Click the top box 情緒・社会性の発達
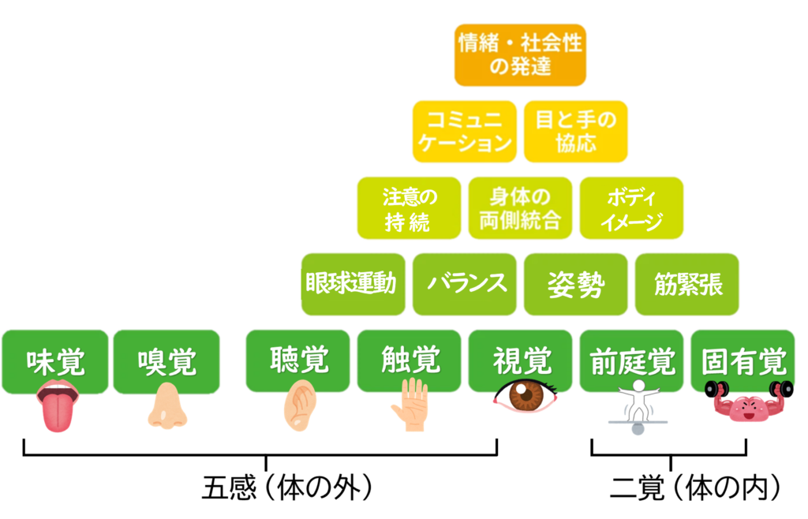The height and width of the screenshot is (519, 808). point(520,54)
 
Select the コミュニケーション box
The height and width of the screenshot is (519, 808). point(464,131)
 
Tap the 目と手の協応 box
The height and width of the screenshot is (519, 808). point(576,131)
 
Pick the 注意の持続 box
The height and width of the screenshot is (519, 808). point(409,208)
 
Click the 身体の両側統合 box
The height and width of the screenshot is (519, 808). point(520,208)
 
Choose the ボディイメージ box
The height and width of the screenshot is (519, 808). point(631,208)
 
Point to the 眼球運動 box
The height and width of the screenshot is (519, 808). point(353,284)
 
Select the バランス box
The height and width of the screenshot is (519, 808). point(464,284)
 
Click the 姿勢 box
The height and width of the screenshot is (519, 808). point(576,284)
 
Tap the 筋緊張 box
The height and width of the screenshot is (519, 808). point(686,284)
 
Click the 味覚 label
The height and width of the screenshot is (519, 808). point(55,361)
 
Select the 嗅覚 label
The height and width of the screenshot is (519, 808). point(166,361)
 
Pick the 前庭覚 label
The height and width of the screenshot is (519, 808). point(631,361)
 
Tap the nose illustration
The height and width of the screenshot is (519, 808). point(167,406)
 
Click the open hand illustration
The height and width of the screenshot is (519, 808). point(410,405)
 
